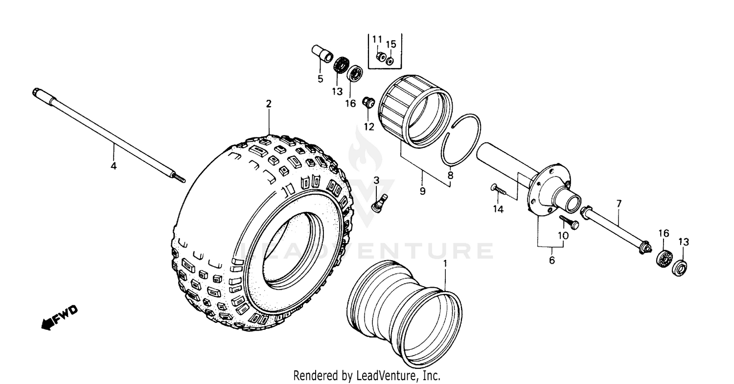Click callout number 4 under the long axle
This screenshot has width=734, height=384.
pos(114,166)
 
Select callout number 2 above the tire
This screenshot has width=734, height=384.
pos(268,104)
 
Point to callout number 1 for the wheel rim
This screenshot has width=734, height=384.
pos(445,263)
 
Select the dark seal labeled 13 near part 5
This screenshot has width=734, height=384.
pos(341,66)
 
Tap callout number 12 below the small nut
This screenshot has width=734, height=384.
pos(369,127)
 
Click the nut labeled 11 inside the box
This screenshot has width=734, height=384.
pos(380,56)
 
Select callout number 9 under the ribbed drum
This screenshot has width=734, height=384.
pos(422,191)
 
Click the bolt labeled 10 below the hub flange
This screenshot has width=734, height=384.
pos(569,222)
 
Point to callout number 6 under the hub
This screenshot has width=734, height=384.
pos(552,260)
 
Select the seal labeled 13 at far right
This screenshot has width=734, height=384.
pos(680,268)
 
